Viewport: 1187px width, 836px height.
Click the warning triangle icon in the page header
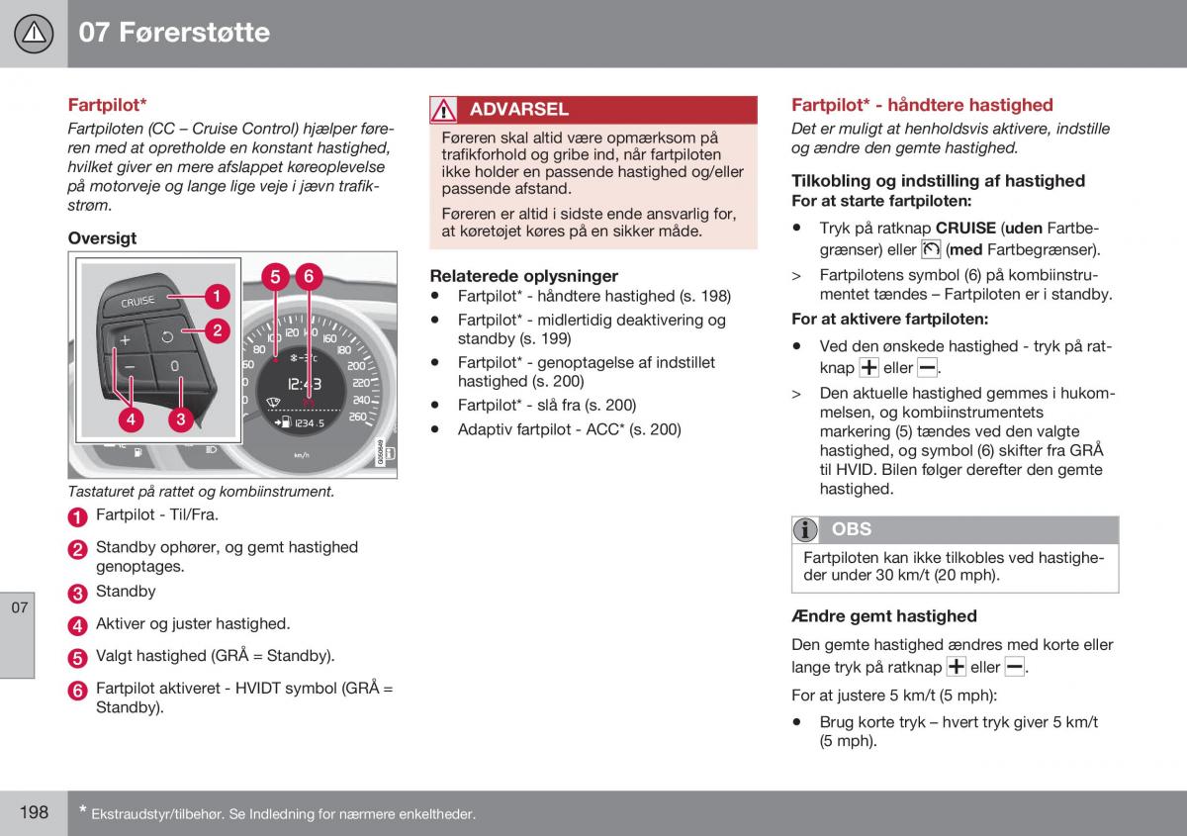click(34, 34)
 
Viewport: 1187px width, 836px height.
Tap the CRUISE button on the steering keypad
click(137, 302)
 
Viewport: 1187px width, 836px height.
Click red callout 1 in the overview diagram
click(217, 296)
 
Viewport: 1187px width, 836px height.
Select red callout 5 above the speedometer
click(275, 277)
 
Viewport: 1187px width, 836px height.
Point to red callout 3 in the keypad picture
click(181, 418)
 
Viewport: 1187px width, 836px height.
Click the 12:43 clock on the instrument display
click(305, 384)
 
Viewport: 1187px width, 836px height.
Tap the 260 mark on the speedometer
click(358, 417)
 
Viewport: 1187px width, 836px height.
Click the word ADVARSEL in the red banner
click(518, 109)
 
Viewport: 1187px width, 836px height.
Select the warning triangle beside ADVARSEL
click(443, 110)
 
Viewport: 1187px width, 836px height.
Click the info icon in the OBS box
click(805, 529)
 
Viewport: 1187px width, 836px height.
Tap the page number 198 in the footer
click(34, 812)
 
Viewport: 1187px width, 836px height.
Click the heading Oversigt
click(102, 238)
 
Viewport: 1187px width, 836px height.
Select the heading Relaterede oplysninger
click(523, 276)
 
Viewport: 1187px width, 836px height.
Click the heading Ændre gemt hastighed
click(884, 616)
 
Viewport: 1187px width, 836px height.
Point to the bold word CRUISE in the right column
click(965, 228)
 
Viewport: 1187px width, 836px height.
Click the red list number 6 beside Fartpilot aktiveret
click(77, 691)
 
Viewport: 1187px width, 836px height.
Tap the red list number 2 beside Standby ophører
click(77, 549)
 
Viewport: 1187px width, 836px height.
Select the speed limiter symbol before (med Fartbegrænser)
click(931, 249)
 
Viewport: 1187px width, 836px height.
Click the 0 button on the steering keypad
click(174, 366)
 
